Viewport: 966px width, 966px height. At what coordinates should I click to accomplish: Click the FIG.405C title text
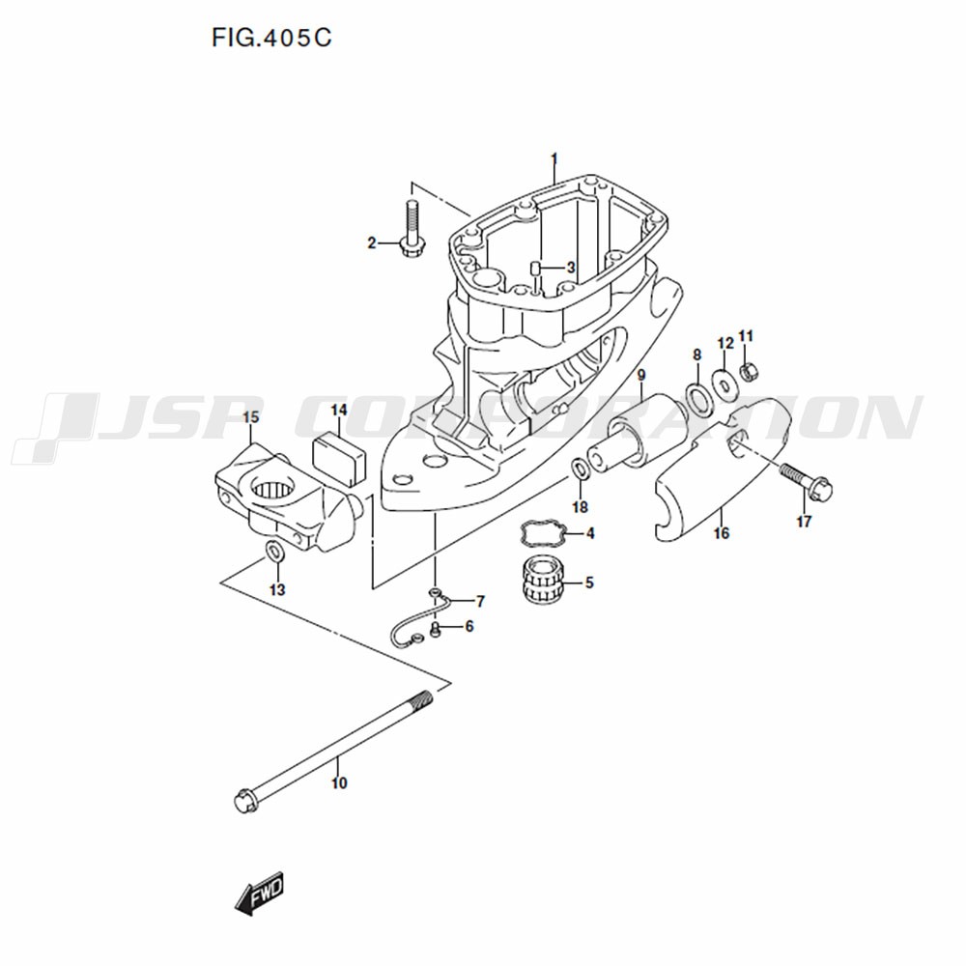(271, 39)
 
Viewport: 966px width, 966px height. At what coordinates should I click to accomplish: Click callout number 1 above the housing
(554, 160)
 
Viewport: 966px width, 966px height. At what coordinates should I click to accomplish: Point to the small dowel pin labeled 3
(535, 270)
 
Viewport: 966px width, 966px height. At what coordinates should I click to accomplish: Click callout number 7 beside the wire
(479, 601)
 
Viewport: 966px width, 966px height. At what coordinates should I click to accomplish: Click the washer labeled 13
(274, 552)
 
